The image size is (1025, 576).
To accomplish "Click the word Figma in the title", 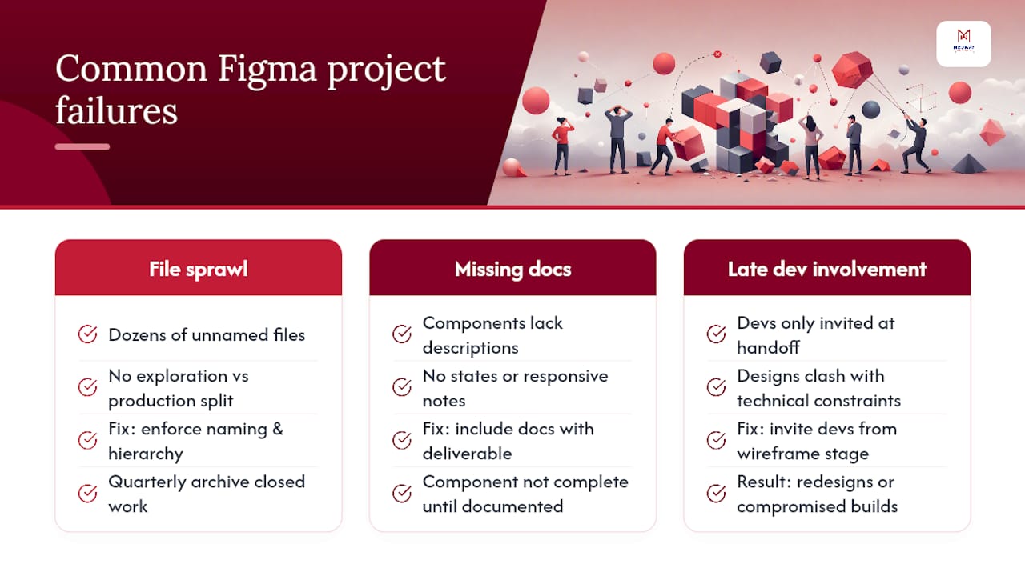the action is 267,69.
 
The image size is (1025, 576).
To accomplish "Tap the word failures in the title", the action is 116,110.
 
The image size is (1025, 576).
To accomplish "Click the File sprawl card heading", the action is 199,269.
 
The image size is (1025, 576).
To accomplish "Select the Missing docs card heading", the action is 513,269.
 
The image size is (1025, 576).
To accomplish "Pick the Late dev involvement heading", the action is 827,269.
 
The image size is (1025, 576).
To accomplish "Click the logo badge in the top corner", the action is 963,44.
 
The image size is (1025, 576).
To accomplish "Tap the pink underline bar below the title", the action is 82,146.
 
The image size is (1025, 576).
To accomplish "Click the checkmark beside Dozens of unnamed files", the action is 87,334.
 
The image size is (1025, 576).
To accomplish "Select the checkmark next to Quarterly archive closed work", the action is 87,494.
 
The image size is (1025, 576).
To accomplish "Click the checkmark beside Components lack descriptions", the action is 402,334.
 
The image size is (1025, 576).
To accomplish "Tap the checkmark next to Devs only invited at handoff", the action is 716,334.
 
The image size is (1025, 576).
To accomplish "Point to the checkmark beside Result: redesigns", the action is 716,494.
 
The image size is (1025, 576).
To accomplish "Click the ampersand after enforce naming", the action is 278,430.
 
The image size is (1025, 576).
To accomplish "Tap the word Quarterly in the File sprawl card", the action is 147,482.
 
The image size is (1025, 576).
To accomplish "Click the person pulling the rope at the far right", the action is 917,145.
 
